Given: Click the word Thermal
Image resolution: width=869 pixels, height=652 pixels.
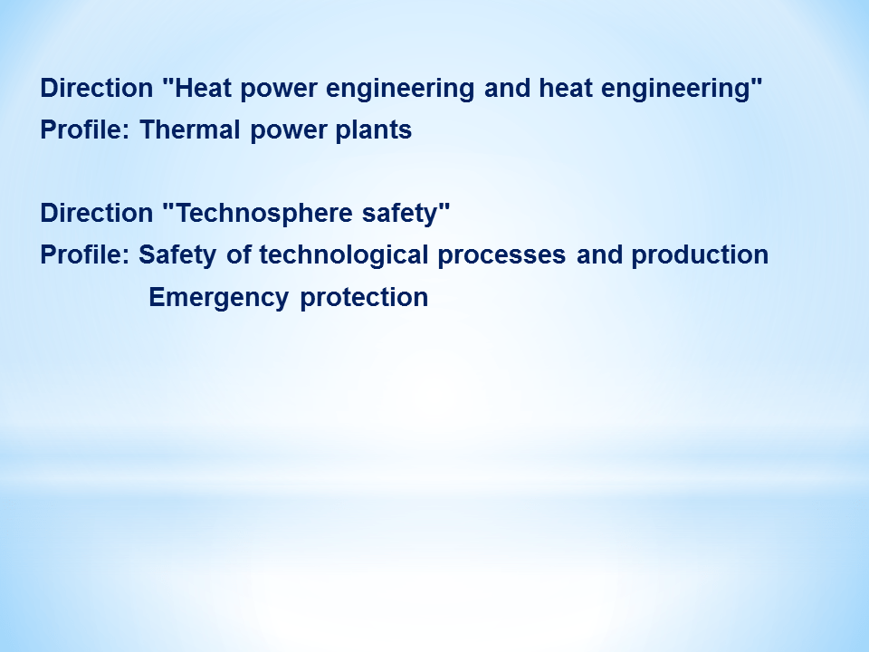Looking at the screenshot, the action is [189, 129].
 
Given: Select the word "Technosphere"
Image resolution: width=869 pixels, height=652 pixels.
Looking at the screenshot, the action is [263, 214].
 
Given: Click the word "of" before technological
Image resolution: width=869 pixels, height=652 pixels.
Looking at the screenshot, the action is [238, 255].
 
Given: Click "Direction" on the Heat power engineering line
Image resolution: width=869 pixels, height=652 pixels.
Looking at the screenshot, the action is [97, 88].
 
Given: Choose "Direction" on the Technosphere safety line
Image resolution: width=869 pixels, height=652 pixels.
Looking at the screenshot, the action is [97, 213].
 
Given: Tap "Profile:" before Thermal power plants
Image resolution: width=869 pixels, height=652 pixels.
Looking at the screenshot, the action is [85, 129].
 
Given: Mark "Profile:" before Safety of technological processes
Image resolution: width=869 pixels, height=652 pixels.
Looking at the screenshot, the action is [85, 255].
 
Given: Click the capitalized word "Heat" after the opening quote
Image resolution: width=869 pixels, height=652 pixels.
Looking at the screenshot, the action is [203, 88].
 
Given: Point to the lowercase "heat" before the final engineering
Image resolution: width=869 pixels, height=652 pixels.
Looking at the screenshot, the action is [565, 88].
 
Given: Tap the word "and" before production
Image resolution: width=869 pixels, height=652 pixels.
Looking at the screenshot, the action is [599, 255].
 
